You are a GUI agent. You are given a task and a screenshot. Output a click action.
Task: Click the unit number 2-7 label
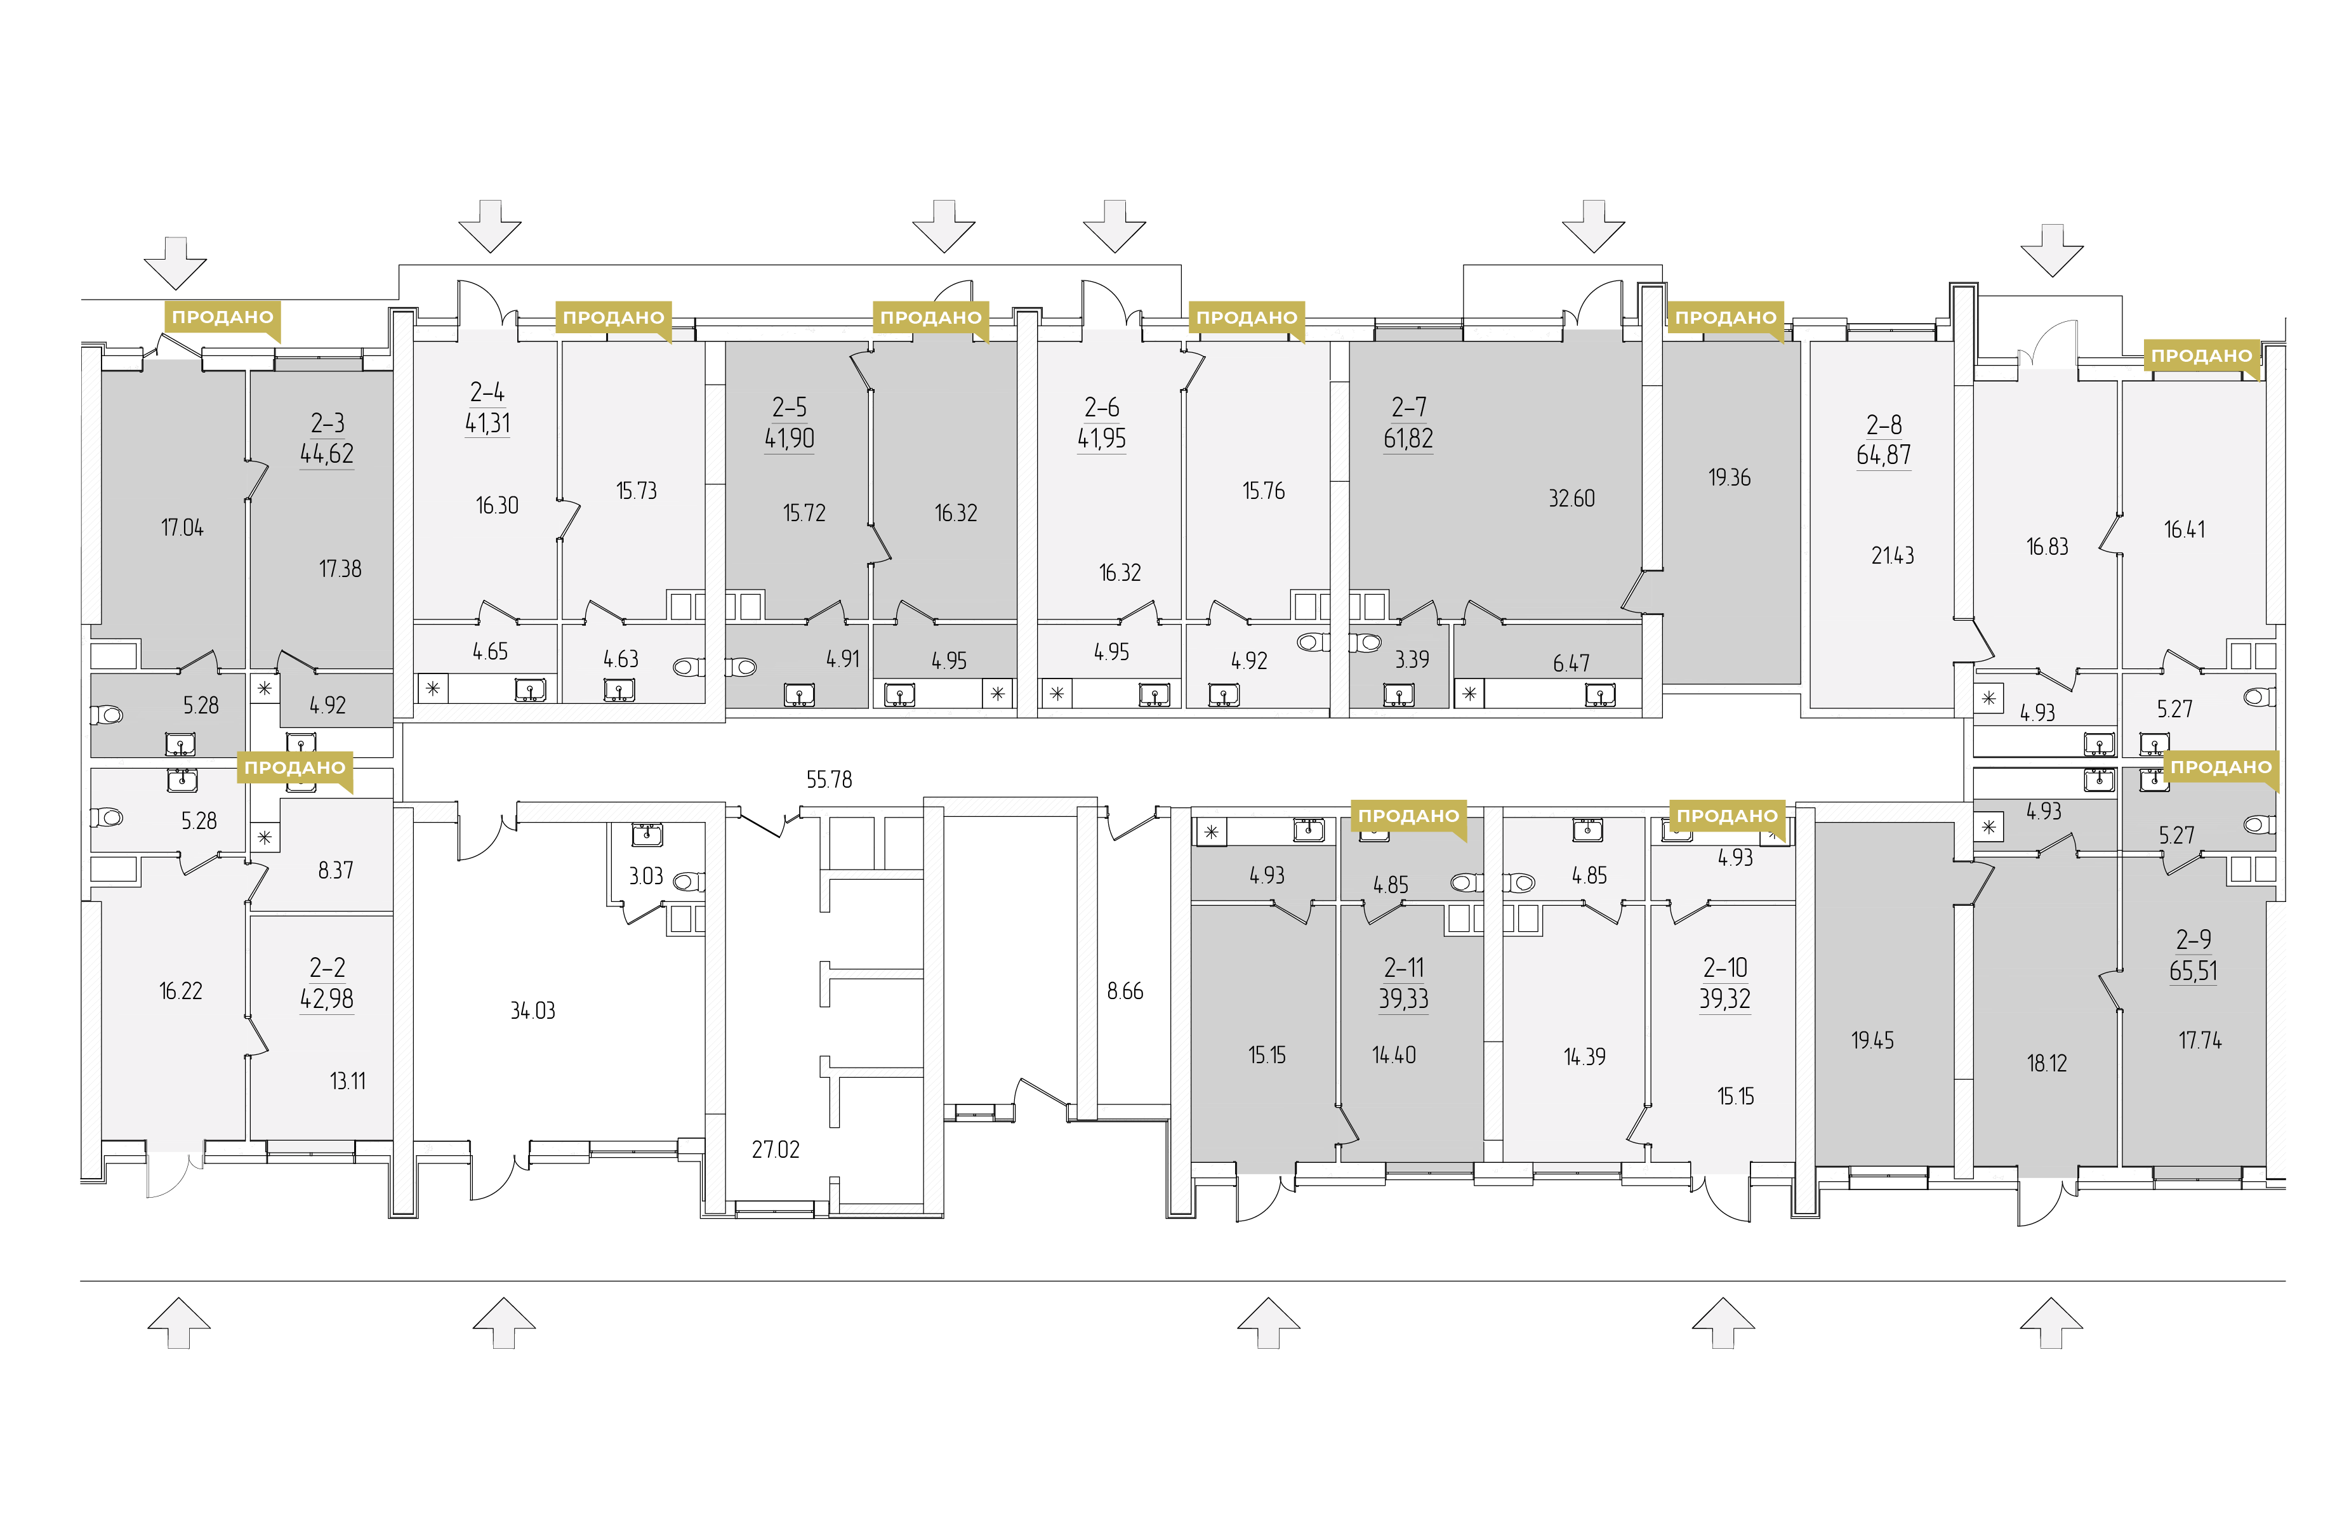pyautogui.click(x=1408, y=408)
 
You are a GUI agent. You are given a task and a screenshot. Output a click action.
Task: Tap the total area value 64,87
pyautogui.click(x=1883, y=455)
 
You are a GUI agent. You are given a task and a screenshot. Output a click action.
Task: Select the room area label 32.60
pyautogui.click(x=1572, y=498)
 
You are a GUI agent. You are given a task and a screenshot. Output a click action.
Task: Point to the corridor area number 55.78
pyautogui.click(x=829, y=779)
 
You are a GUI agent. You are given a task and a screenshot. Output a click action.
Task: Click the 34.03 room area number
pyautogui.click(x=533, y=1010)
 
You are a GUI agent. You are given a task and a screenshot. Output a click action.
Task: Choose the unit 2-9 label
pyautogui.click(x=2193, y=939)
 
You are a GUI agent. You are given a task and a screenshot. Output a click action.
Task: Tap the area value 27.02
pyautogui.click(x=776, y=1149)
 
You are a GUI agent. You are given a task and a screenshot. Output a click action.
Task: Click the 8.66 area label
pyautogui.click(x=1125, y=991)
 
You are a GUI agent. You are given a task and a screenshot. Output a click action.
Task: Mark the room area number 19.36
pyautogui.click(x=1729, y=478)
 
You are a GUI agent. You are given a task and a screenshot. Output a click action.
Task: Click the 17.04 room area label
pyautogui.click(x=183, y=528)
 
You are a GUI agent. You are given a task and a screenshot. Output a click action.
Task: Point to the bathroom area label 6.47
pyautogui.click(x=1572, y=663)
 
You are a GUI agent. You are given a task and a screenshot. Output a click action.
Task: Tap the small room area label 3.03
pyautogui.click(x=647, y=877)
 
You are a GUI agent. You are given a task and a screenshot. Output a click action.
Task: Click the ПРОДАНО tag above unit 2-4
pyautogui.click(x=613, y=318)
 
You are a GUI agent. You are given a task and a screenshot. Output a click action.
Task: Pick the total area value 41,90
pyautogui.click(x=790, y=438)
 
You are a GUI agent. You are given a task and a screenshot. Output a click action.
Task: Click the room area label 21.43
pyautogui.click(x=1893, y=555)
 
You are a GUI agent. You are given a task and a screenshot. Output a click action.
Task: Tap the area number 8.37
pyautogui.click(x=336, y=871)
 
